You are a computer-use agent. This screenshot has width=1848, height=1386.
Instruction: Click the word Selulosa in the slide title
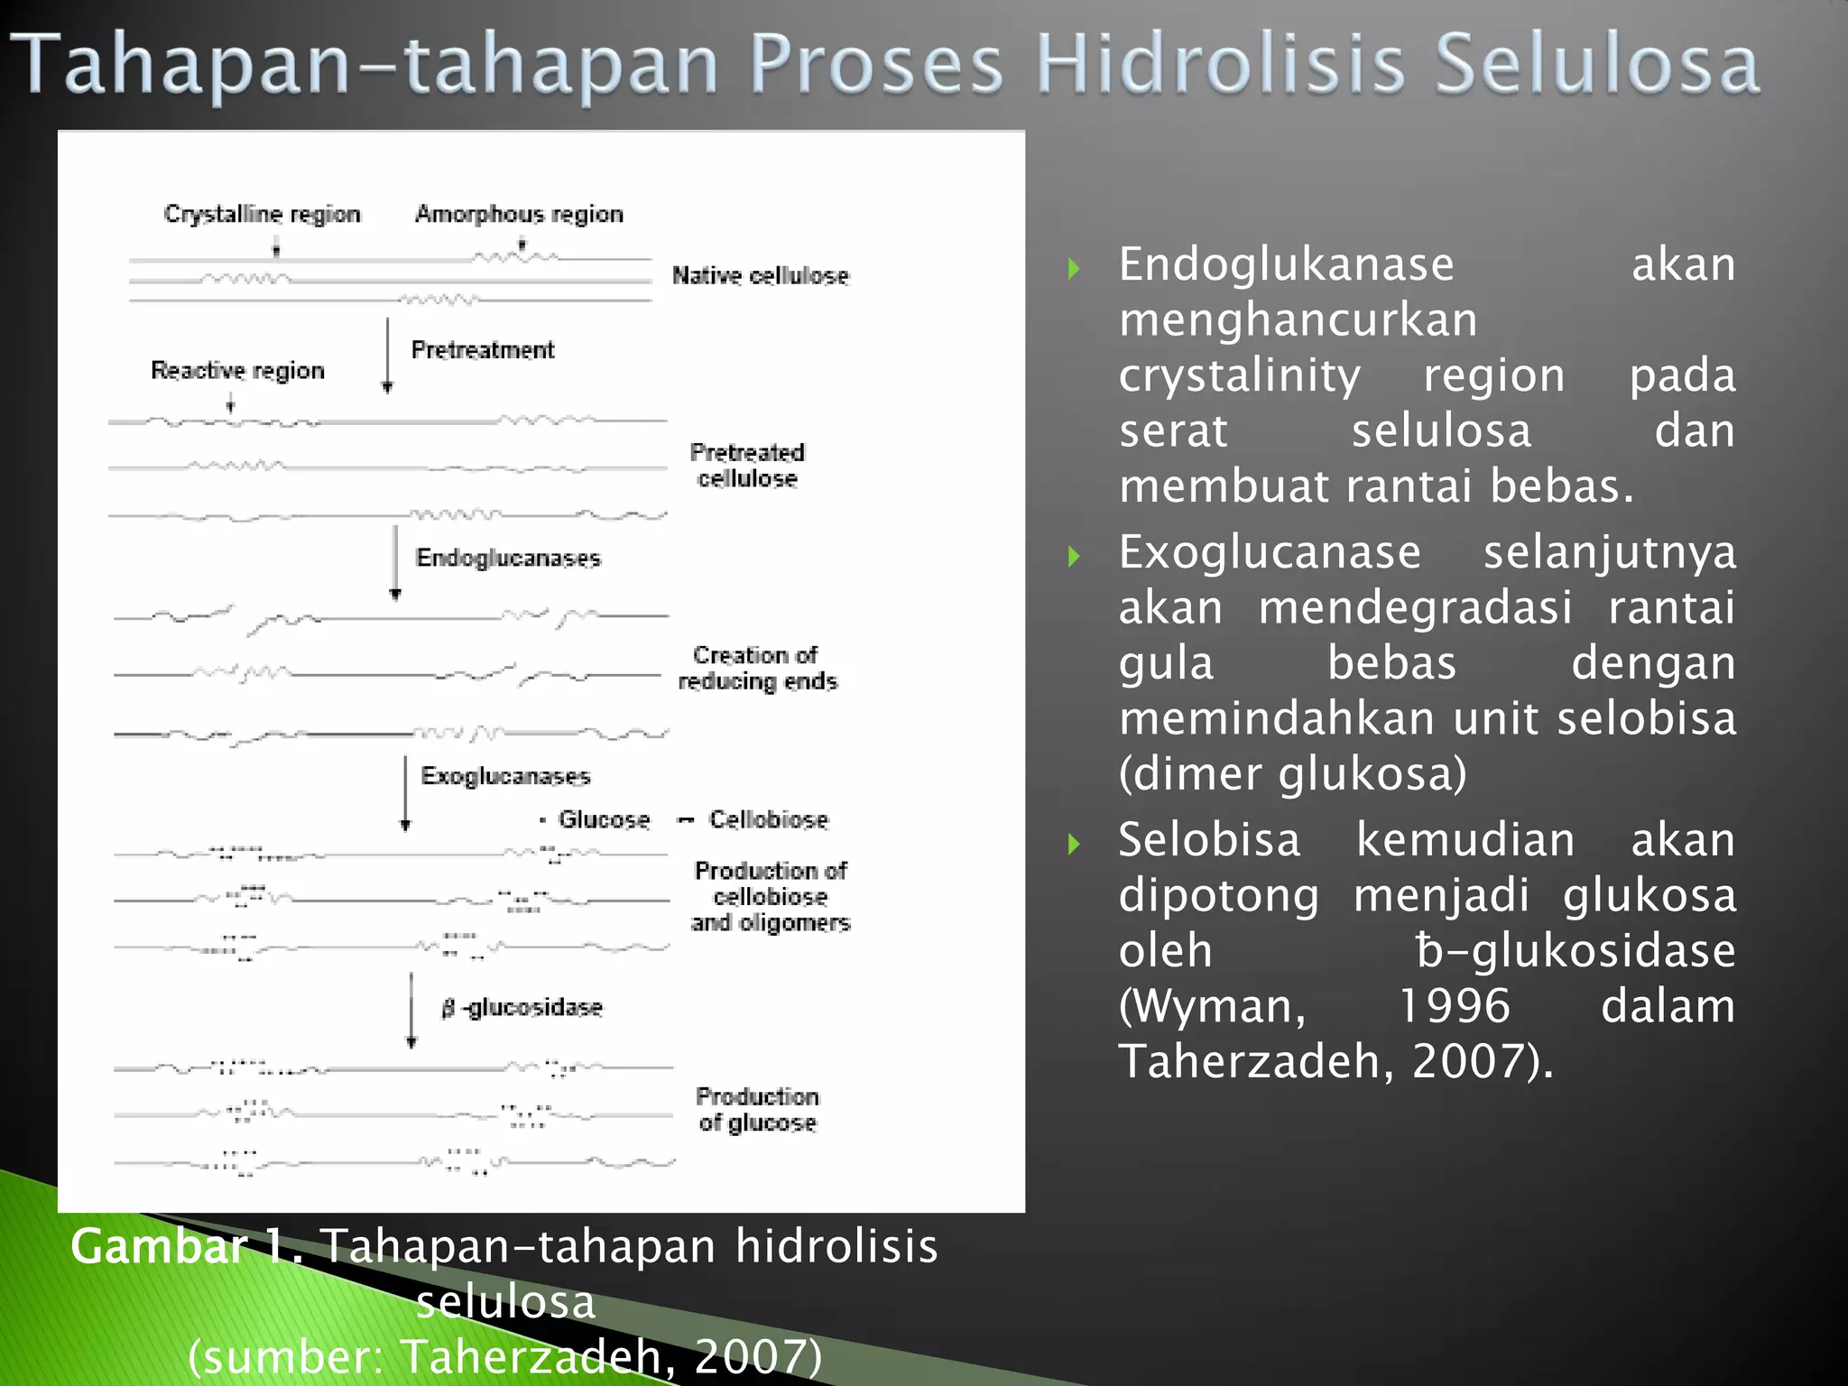click(1597, 65)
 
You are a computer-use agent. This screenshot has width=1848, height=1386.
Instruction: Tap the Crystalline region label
click(262, 215)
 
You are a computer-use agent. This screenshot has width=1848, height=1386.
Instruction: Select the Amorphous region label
click(519, 215)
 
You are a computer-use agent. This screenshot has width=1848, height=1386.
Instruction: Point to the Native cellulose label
click(761, 276)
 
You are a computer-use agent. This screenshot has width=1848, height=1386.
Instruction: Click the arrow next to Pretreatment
click(388, 356)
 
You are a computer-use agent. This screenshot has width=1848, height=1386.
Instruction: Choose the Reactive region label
click(237, 371)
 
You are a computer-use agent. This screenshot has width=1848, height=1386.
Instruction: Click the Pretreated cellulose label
click(747, 466)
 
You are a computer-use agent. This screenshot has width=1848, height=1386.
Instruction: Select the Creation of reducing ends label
click(756, 668)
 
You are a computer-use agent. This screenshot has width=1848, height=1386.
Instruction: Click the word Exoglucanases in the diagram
click(505, 776)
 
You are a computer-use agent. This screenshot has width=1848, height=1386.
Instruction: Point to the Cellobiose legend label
click(768, 819)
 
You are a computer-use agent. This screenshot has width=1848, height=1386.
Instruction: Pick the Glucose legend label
click(604, 819)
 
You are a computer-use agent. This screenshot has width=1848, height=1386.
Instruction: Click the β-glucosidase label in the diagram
click(522, 1008)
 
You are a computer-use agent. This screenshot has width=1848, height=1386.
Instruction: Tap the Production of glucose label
click(757, 1110)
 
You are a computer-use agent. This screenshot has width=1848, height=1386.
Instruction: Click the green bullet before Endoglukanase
click(1074, 268)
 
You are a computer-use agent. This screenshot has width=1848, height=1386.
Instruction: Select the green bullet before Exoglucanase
click(1074, 555)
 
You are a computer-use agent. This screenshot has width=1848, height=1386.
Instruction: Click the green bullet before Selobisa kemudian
click(1074, 844)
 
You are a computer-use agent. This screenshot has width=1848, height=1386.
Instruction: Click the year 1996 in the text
click(1454, 1005)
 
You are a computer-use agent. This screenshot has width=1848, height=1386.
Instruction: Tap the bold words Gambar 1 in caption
click(185, 1247)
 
